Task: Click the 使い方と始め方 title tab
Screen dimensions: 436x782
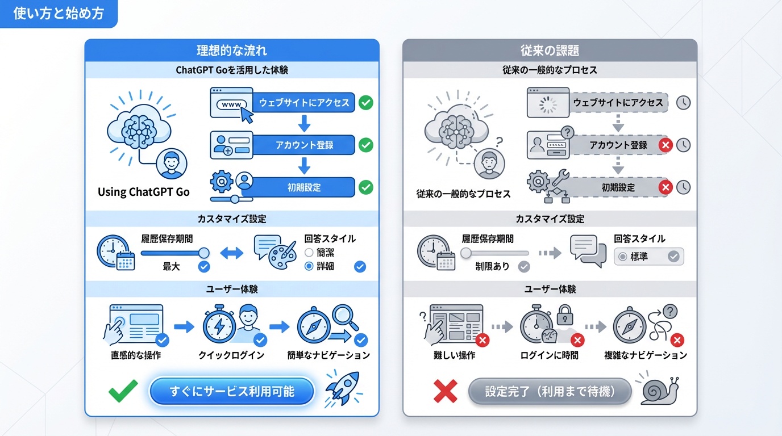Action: (x=59, y=14)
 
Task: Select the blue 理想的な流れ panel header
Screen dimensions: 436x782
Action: (x=232, y=51)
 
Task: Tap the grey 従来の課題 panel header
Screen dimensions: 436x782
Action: (x=550, y=51)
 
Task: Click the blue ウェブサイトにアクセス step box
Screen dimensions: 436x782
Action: (x=304, y=103)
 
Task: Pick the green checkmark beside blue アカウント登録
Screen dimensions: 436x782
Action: (x=367, y=145)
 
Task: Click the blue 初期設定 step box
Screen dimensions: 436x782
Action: (x=304, y=187)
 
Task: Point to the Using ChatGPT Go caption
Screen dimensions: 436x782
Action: (x=144, y=192)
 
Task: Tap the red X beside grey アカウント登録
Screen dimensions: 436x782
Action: (x=665, y=145)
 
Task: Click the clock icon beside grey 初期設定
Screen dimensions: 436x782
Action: (x=684, y=187)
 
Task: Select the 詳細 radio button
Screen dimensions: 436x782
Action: (x=309, y=266)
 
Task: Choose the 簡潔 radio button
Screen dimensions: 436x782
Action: (x=309, y=253)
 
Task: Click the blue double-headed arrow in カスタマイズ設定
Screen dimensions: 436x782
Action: (x=231, y=253)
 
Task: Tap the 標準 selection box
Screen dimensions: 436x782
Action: (x=649, y=257)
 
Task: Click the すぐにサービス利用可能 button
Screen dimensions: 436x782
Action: (x=232, y=391)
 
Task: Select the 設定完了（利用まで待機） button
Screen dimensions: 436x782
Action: (x=550, y=391)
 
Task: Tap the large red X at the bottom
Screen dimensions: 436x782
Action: (x=446, y=391)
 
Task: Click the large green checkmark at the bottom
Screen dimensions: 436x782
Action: (x=123, y=391)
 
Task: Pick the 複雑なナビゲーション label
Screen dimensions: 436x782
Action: (x=646, y=355)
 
